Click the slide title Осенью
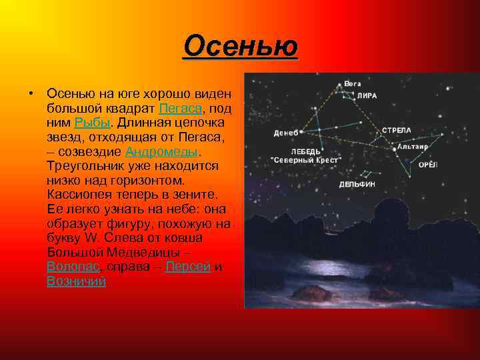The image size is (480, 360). (240, 47)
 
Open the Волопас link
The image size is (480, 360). (73, 267)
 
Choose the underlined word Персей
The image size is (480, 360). (188, 267)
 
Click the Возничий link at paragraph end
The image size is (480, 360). (76, 281)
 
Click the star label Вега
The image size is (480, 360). (353, 84)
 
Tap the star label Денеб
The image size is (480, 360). (285, 133)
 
